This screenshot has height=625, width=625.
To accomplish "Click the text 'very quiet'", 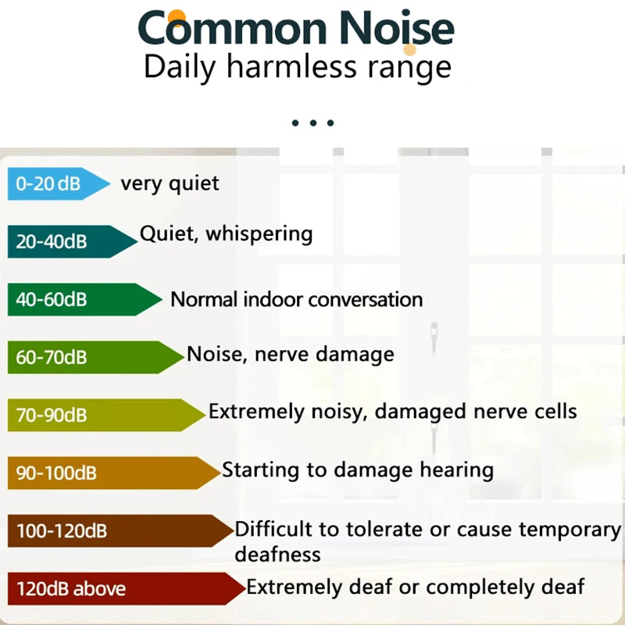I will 170,184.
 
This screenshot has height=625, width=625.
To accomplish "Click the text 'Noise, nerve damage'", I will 290,354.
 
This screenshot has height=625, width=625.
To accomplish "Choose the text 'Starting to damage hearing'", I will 357,470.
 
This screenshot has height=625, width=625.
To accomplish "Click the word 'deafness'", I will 277,554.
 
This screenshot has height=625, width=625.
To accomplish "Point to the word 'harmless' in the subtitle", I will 291,67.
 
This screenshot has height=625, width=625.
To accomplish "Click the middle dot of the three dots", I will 312,123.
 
